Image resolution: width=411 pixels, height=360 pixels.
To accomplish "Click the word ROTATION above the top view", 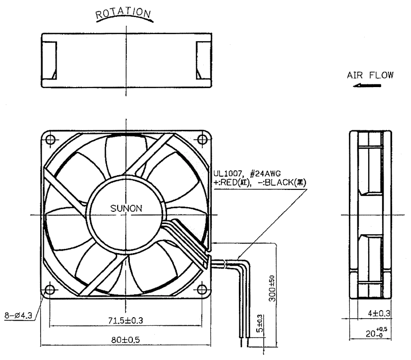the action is coord(123,13).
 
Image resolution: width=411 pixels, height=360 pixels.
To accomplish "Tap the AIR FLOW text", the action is coord(370,75).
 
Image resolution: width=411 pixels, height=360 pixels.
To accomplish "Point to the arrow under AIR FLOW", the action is coord(367,86).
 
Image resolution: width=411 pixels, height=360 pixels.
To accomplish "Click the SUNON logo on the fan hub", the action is coord(126,209).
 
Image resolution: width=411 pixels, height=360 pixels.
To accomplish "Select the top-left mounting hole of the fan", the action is coord(50,139).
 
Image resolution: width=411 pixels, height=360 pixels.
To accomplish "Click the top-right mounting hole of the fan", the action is coord(202,139).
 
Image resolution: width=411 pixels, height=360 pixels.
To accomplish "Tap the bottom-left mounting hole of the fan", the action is coord(50,290).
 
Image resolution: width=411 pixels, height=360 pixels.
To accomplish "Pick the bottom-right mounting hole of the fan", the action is coord(202,290).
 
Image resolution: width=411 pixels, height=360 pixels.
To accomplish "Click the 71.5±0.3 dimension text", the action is coord(126,320).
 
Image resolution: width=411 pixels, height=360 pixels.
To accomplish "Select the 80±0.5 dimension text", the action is coord(126,340).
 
